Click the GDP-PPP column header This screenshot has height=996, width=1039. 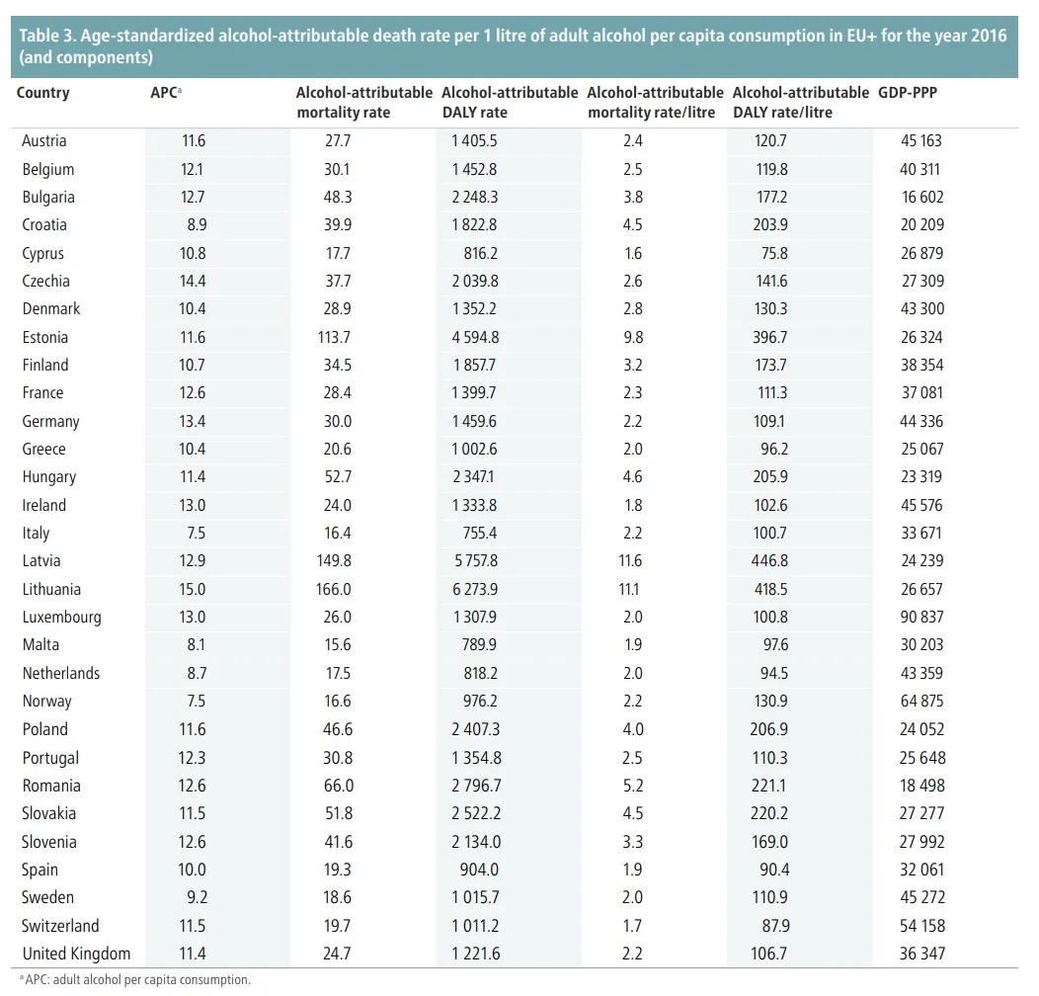click(x=908, y=93)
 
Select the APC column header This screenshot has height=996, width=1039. click(x=164, y=93)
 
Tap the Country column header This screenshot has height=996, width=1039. click(x=43, y=93)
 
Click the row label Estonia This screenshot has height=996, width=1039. click(x=45, y=337)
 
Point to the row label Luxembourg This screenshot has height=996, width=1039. click(x=61, y=618)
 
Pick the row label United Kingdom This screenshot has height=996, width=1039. click(x=76, y=954)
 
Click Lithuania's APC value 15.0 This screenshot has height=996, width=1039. click(x=194, y=590)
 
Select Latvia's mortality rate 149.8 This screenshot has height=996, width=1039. click(x=338, y=561)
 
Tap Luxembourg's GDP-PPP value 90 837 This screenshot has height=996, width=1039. click(x=922, y=618)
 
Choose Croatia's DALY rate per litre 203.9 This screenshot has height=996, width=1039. click(x=771, y=225)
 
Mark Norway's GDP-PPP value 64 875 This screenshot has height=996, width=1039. click(x=922, y=702)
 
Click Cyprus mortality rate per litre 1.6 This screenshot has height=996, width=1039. click(x=633, y=253)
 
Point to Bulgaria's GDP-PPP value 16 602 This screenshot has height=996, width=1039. click(x=922, y=198)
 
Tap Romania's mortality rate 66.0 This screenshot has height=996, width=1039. click(x=338, y=787)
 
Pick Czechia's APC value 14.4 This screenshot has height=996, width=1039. click(x=194, y=282)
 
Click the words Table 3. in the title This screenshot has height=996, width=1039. click(x=46, y=36)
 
